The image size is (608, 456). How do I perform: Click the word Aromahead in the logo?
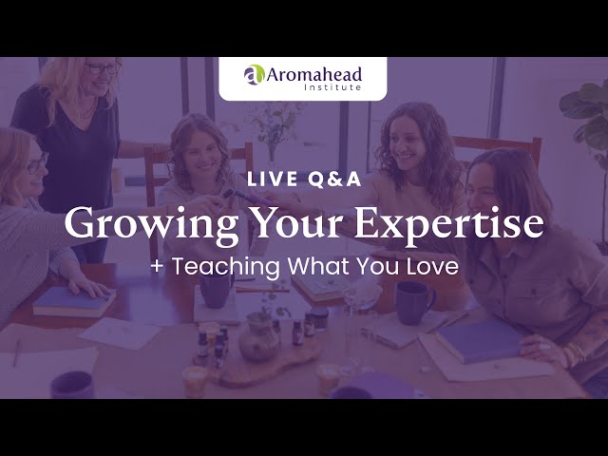[x=313, y=74]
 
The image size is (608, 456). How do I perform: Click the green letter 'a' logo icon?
[x=254, y=75]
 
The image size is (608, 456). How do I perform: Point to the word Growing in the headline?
[x=138, y=222]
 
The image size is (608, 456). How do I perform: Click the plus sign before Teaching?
[x=157, y=267]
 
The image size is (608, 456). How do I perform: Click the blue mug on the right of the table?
[x=414, y=302]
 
